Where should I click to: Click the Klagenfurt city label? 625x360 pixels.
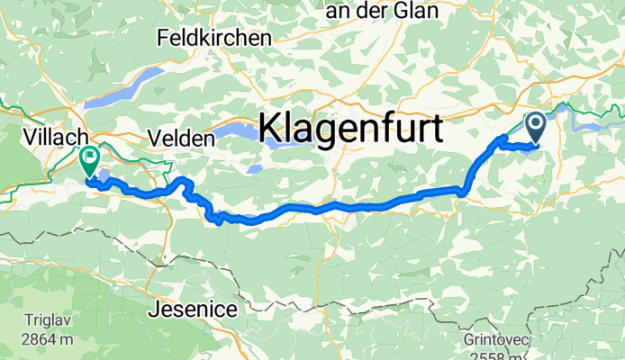click(x=350, y=129)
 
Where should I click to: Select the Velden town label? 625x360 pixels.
click(x=185, y=139)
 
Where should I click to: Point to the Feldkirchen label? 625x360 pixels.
click(x=213, y=39)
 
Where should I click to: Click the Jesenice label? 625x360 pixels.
click(x=193, y=310)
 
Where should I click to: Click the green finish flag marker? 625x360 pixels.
click(x=90, y=160)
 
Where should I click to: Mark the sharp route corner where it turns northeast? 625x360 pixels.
click(x=463, y=191)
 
